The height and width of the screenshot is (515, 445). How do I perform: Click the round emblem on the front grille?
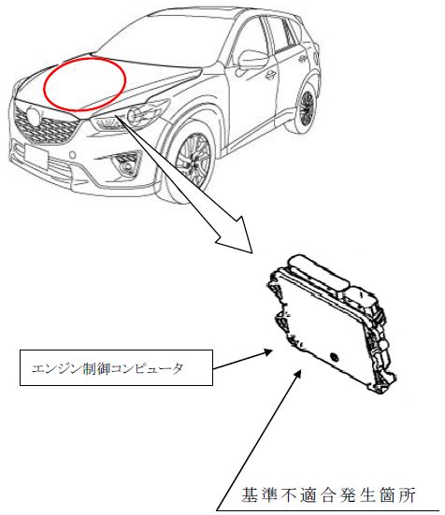[34, 115]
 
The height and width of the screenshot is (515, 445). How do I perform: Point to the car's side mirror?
[252, 59]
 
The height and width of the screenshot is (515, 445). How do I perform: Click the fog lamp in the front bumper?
[126, 165]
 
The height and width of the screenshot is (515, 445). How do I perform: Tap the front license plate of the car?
[36, 156]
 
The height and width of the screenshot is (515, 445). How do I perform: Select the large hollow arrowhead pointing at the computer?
[237, 237]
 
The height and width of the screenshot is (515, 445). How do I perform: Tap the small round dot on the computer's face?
[334, 357]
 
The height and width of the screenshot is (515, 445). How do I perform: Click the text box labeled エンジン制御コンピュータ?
[116, 367]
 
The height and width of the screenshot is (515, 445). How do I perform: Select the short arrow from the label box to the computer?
[243, 360]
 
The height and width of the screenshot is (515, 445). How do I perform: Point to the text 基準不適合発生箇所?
[329, 495]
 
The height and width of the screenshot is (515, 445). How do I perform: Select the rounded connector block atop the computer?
[318, 271]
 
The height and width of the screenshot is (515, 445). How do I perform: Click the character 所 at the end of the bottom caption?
[408, 495]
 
